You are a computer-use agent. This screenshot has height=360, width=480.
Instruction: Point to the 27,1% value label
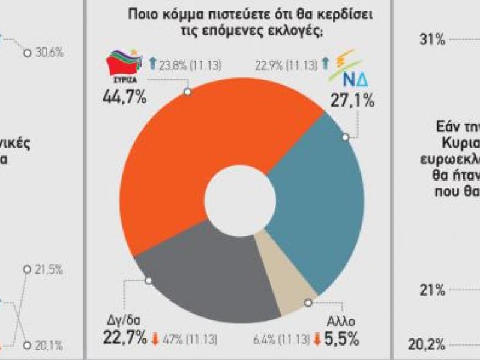pos(353,98)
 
